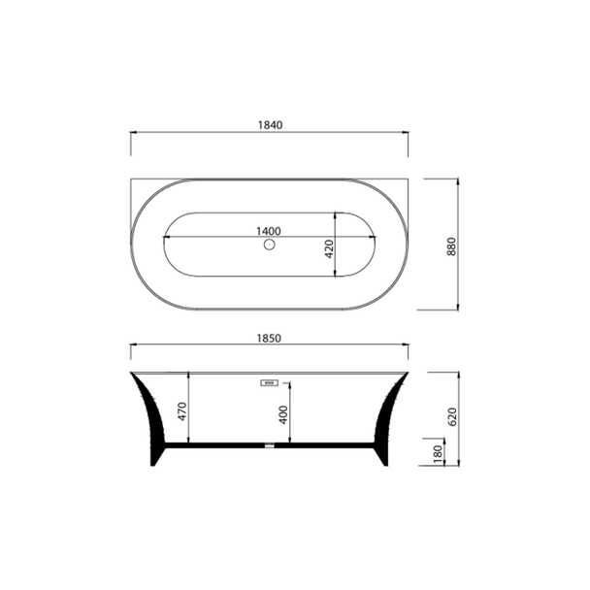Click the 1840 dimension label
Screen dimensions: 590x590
[x=270, y=125]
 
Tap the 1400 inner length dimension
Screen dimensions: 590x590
[x=269, y=231]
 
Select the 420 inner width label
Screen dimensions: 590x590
[x=329, y=248]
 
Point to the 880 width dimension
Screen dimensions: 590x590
[x=451, y=246]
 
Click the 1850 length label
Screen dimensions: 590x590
[x=269, y=339]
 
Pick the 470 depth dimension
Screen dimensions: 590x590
[x=182, y=411]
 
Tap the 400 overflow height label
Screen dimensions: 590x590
[x=283, y=414]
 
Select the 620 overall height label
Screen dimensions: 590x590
[x=452, y=417]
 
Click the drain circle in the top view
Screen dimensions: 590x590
[x=270, y=245]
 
